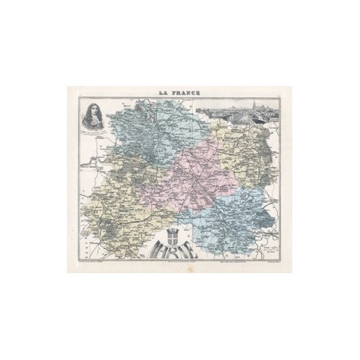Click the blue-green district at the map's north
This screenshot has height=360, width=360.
click(x=143, y=127)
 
